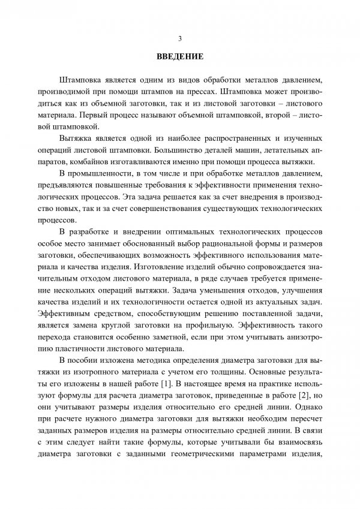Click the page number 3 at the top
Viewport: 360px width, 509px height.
(x=180, y=38)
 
